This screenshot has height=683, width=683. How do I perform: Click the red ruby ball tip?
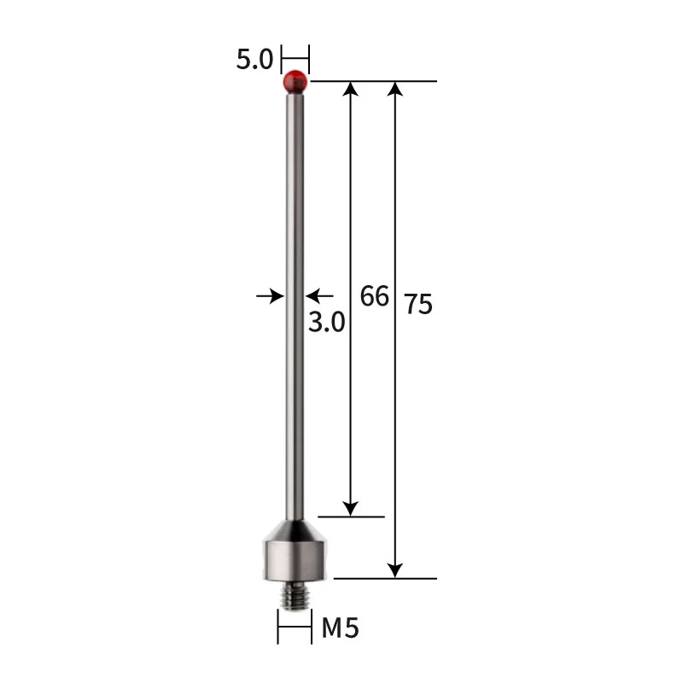[x=295, y=83]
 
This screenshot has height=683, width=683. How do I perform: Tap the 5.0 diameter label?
[x=254, y=60]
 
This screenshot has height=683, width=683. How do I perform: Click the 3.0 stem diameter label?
[x=326, y=322]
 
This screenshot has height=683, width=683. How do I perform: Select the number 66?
[x=374, y=296]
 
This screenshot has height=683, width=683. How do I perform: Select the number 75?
[x=418, y=304]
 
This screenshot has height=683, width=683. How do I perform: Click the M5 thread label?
[x=340, y=629]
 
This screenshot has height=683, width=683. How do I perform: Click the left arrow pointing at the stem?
[x=271, y=296]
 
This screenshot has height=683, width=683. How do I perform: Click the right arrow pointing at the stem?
[x=319, y=296]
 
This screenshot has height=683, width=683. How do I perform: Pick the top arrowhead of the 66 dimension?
[x=350, y=89]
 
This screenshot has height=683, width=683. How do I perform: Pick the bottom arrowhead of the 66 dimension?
[x=350, y=508]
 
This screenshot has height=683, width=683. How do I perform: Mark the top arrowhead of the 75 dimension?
[x=394, y=89]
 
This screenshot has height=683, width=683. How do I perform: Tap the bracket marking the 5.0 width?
[x=295, y=60]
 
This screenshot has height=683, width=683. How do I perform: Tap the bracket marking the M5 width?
[x=295, y=629]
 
